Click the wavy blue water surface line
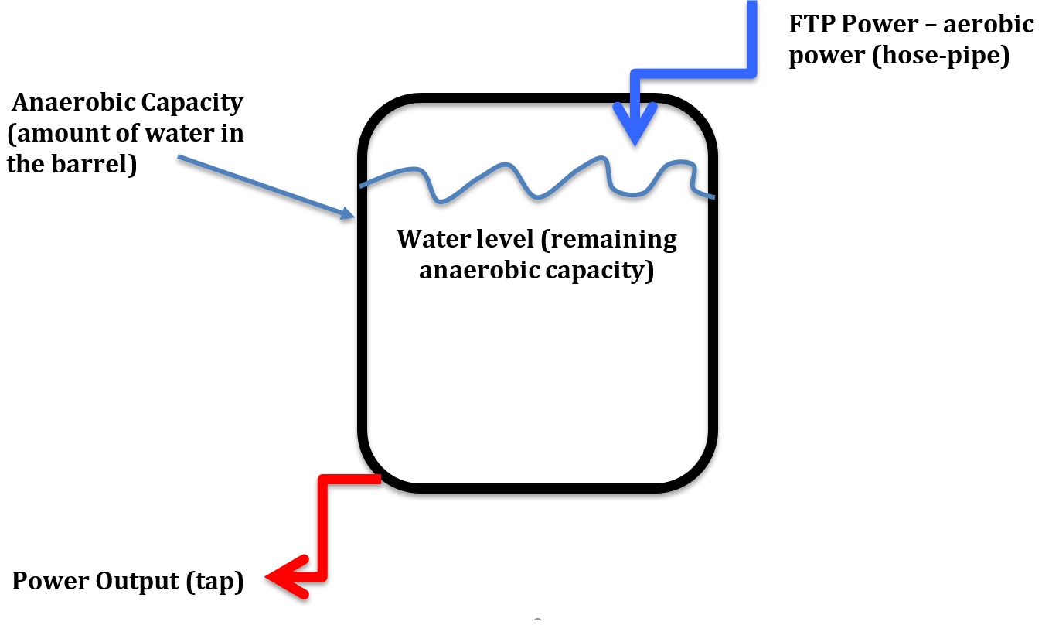(x=533, y=186)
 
